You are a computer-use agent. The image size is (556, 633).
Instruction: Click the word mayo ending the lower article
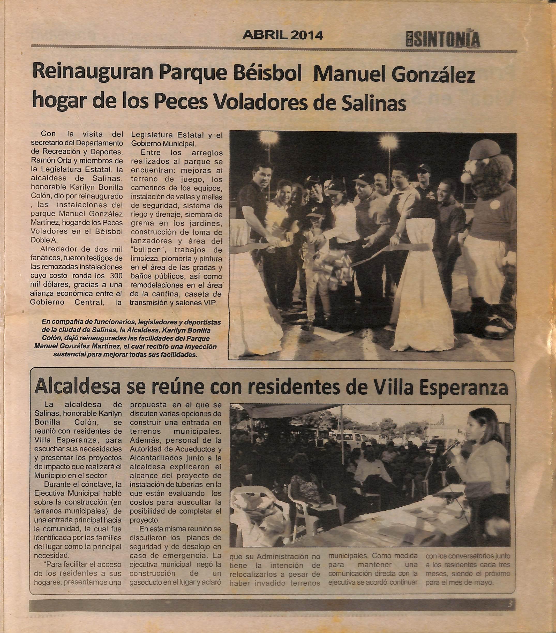pyautogui.click(x=483, y=582)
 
